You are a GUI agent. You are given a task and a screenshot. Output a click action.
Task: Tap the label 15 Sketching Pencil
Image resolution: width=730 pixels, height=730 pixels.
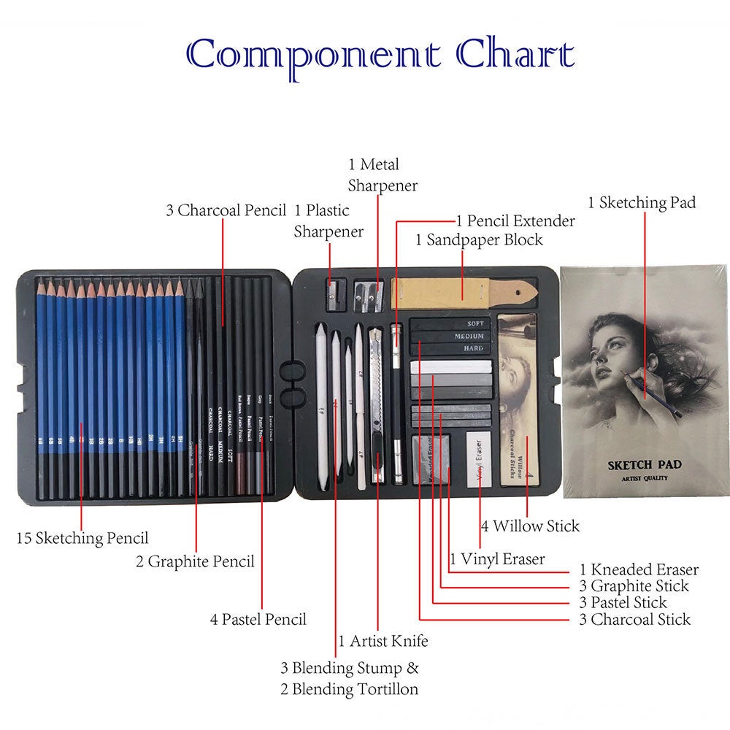[82, 539]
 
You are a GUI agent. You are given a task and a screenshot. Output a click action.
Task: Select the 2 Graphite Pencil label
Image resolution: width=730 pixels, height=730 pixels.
[195, 561]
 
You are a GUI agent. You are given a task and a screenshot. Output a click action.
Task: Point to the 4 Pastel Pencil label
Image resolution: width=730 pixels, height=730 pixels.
[258, 620]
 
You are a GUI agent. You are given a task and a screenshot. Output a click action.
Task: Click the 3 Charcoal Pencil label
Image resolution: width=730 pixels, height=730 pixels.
[225, 211]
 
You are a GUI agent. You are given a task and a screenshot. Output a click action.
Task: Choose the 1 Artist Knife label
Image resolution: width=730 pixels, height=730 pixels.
[383, 642]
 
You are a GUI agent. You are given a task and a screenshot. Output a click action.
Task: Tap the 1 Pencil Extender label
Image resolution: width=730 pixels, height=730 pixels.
[515, 220]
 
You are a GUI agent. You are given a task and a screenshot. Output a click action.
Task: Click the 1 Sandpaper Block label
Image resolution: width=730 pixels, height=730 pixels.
[479, 239]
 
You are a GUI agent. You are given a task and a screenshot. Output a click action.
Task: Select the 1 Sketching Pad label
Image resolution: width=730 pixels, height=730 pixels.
[642, 203]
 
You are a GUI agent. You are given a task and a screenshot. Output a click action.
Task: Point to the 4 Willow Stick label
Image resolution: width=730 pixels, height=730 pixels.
[530, 526]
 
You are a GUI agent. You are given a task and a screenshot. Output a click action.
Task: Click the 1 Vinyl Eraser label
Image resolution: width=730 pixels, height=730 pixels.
[497, 559]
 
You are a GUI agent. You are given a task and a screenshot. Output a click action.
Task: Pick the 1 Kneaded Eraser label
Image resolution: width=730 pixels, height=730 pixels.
[639, 569]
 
